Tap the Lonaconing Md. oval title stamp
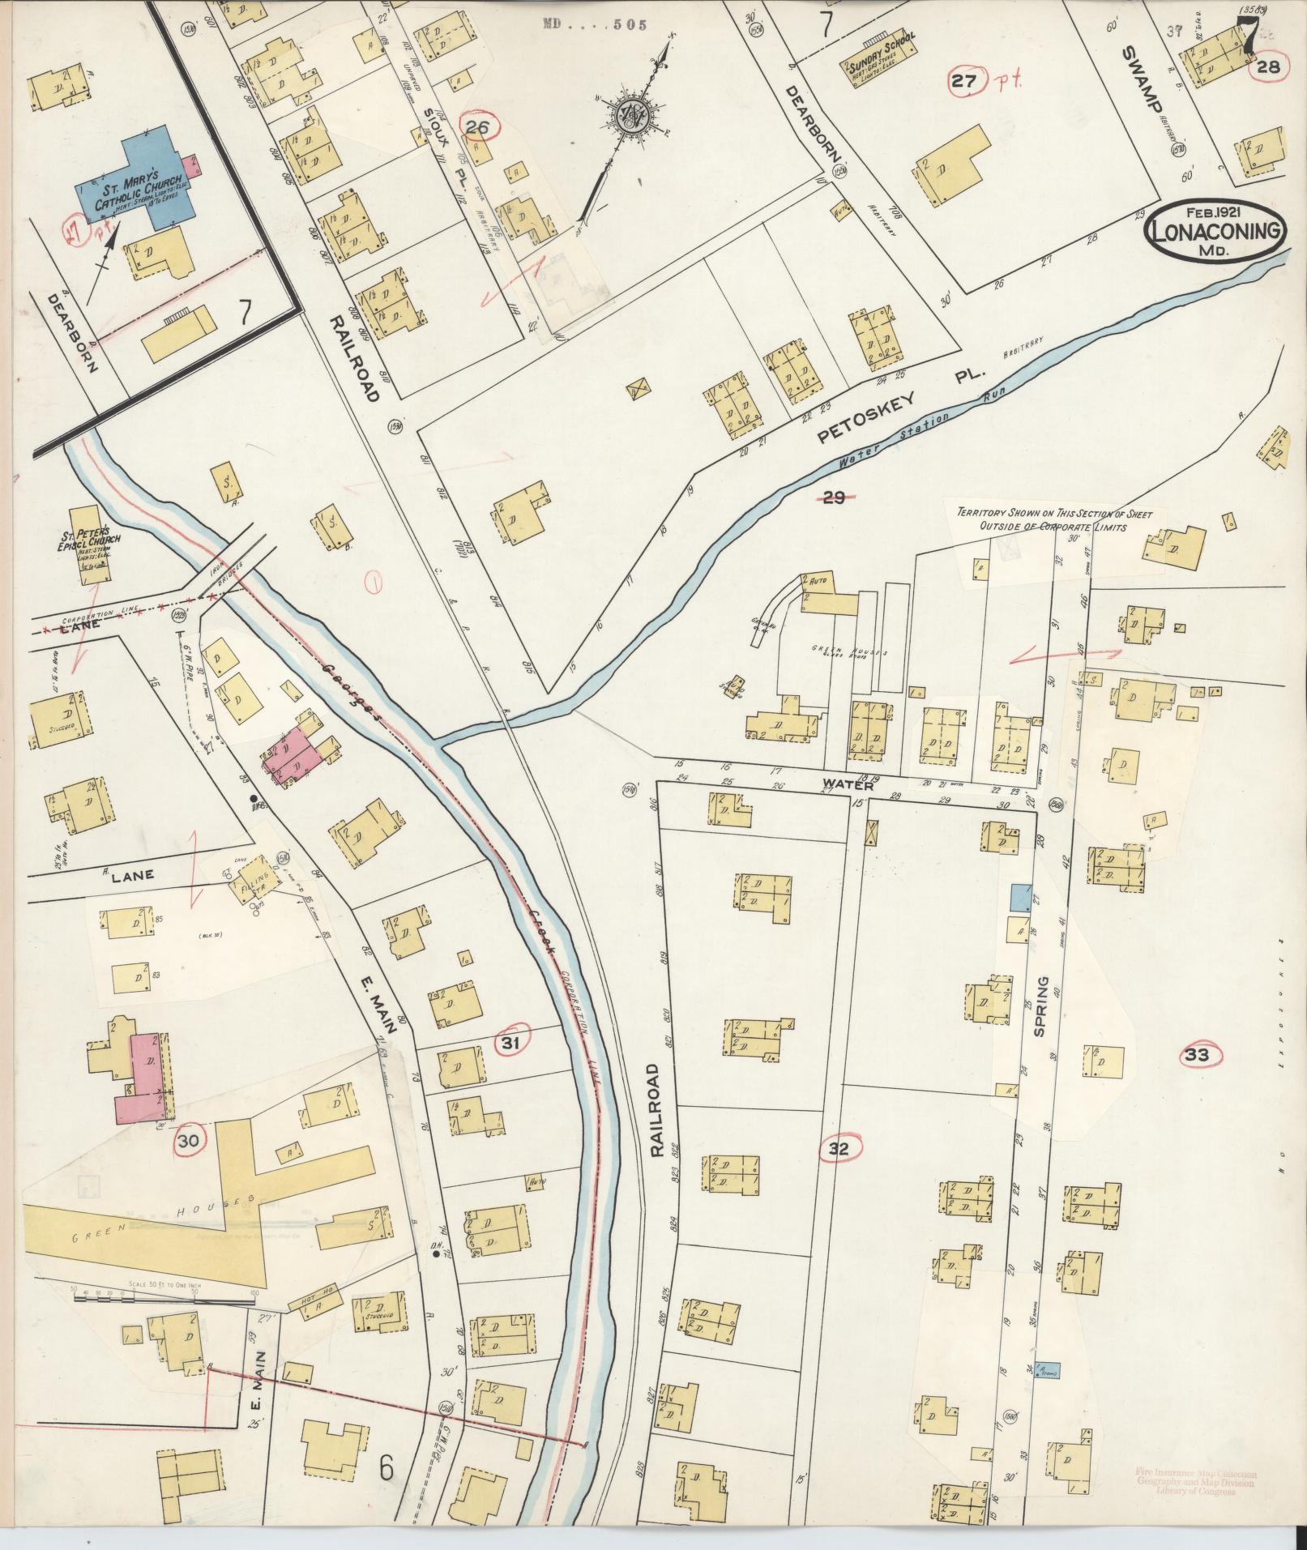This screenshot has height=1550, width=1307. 1215,230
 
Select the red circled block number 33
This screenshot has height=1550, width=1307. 1197,1055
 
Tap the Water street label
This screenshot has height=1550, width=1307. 848,785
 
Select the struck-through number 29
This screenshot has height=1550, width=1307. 835,498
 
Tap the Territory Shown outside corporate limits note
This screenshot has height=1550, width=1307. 1060,519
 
